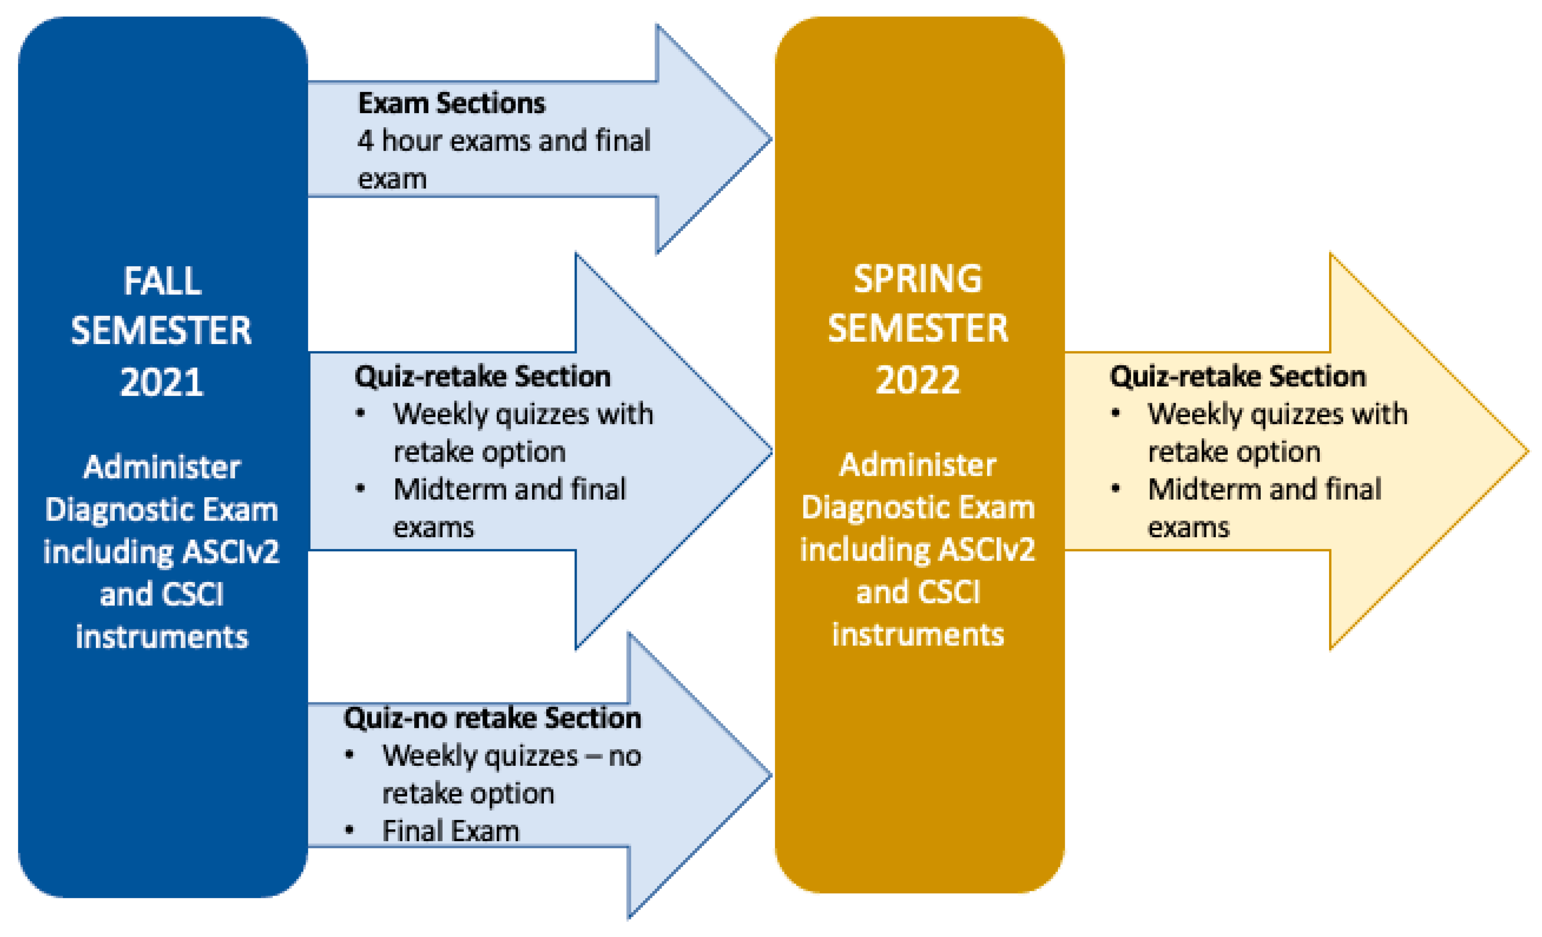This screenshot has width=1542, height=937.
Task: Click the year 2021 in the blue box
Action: click(x=162, y=382)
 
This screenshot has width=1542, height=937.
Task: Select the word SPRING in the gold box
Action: click(x=918, y=279)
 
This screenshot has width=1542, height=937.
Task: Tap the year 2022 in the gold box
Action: click(x=918, y=380)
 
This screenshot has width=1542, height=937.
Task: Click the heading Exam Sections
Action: click(x=451, y=103)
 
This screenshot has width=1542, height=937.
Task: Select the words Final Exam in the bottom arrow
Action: click(x=451, y=831)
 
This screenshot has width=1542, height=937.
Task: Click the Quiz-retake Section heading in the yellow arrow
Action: click(x=1237, y=376)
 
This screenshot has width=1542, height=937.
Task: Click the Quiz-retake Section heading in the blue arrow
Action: click(x=482, y=376)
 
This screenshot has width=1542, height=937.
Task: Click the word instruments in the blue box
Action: click(x=162, y=637)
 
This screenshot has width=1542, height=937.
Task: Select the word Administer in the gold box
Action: click(x=918, y=465)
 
